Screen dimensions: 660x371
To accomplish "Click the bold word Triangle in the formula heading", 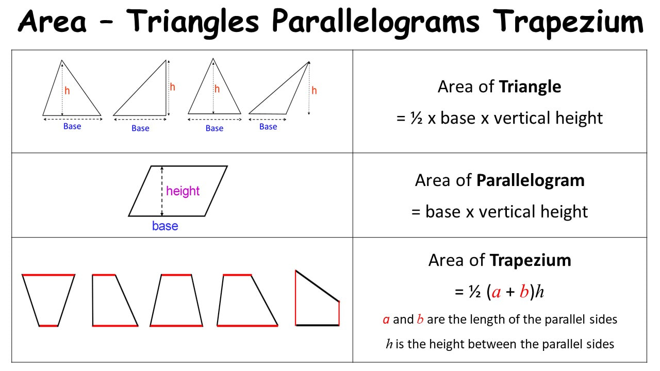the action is tap(530, 87).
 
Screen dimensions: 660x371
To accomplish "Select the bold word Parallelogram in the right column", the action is tap(531, 180).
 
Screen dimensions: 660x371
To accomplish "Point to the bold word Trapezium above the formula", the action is tap(531, 260).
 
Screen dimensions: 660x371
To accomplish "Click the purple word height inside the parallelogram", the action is tap(183, 191).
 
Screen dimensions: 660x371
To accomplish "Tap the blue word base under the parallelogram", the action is tap(165, 226).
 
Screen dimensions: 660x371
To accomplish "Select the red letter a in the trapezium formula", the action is tap(496, 293).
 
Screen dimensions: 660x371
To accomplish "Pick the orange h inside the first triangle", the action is tap(67, 90).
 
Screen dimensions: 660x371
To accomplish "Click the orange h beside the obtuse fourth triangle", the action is tap(314, 90).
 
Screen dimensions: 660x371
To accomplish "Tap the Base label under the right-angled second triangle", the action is tap(140, 128).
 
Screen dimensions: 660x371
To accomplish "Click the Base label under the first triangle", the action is tap(72, 126).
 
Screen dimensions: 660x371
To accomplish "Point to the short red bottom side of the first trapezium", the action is tap(48, 326).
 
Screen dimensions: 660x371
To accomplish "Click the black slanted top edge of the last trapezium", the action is tap(317, 286).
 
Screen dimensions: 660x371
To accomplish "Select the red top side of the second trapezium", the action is tap(104, 275).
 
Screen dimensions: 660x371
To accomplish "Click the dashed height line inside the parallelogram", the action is tap(162, 191).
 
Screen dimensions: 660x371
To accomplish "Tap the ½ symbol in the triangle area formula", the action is tap(417, 119).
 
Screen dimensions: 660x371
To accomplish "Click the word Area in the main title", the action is tap(53, 21).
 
